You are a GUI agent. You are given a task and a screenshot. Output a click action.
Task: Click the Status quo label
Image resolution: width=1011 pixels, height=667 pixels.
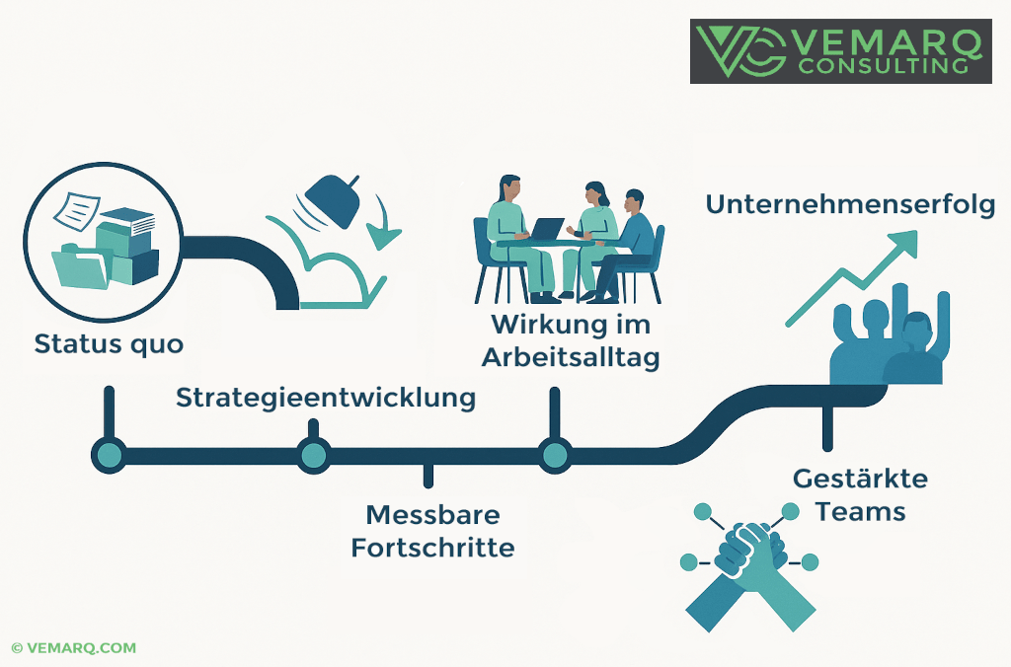click(109, 344)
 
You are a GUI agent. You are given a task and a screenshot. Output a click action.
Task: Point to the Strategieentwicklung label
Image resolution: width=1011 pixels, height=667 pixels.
click(325, 398)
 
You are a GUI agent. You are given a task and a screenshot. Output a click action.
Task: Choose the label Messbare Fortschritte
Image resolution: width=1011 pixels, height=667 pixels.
click(432, 530)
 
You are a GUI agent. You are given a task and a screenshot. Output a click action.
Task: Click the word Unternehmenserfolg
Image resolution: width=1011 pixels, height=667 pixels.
click(849, 204)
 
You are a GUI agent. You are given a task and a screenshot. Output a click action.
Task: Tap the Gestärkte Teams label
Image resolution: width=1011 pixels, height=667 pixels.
click(860, 495)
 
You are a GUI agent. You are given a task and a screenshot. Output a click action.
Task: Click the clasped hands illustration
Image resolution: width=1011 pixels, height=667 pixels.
click(748, 562)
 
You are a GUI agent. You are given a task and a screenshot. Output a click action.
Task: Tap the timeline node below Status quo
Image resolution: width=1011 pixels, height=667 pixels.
click(109, 455)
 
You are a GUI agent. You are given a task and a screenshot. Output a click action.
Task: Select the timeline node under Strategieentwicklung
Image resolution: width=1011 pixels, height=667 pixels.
click(313, 455)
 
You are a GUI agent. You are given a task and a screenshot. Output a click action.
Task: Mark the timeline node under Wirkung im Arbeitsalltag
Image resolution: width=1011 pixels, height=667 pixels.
click(554, 455)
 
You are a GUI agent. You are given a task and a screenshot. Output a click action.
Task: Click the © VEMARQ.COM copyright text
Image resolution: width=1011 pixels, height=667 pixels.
click(74, 648)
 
